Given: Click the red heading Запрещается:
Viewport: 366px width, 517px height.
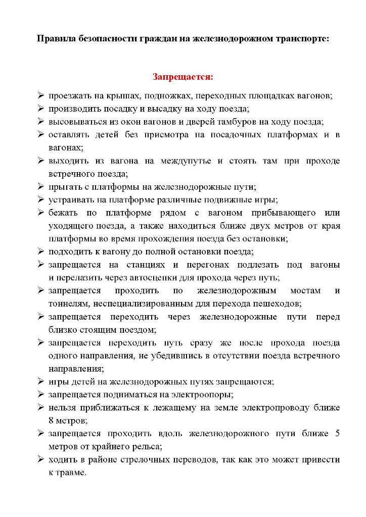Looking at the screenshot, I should click(x=183, y=77).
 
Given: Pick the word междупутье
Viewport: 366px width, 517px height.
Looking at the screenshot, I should click(x=186, y=161).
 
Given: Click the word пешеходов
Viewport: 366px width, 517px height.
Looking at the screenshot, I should click(x=281, y=304).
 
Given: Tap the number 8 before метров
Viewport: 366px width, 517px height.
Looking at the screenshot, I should click(x=51, y=421).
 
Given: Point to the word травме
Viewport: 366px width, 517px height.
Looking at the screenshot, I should click(x=71, y=473).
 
